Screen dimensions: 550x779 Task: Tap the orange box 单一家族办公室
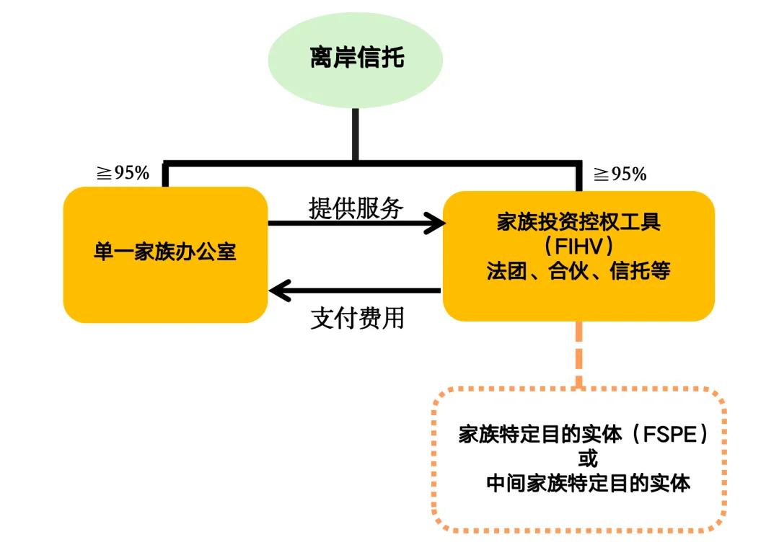(165, 254)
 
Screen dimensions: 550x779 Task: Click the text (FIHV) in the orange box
(578, 247)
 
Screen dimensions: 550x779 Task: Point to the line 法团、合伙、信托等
(578, 272)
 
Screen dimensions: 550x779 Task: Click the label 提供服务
(356, 208)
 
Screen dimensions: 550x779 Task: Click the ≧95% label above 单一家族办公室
(123, 173)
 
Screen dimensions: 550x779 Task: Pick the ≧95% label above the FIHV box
(620, 174)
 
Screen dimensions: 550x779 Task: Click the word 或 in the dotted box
(588, 458)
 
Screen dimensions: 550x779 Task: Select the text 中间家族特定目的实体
(588, 482)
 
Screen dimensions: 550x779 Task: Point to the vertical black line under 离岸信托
(355, 133)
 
